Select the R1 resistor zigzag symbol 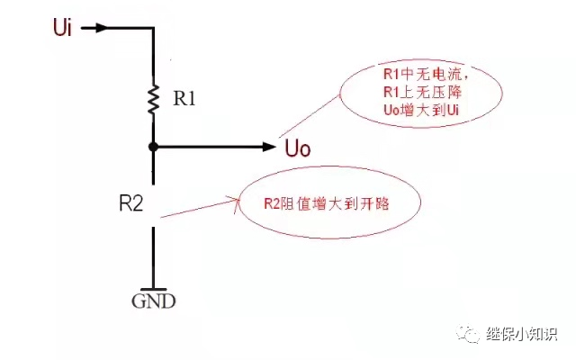[x=154, y=99]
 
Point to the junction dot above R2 [x=154, y=146]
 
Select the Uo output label [x=297, y=148]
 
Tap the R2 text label [x=130, y=203]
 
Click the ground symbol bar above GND [x=154, y=289]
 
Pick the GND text [x=154, y=301]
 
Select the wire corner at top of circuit [x=154, y=28]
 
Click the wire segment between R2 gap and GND [x=154, y=256]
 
